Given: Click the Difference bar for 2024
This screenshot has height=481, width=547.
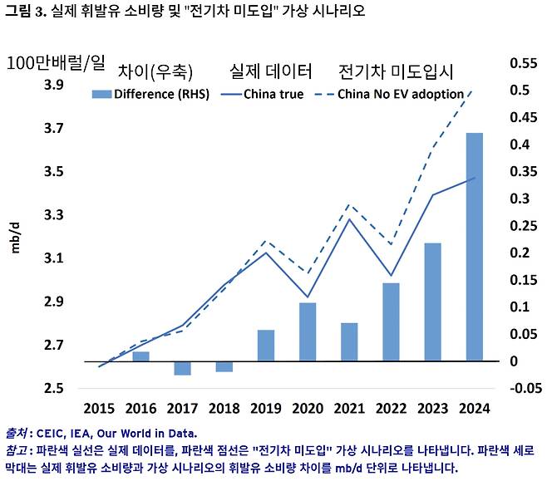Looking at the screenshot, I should tap(474, 247).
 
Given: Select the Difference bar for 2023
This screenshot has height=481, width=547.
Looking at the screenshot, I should tap(432, 302).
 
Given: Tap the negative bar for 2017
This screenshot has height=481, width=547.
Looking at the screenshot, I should tap(182, 368).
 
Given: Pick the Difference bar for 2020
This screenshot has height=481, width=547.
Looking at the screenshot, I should tap(307, 331).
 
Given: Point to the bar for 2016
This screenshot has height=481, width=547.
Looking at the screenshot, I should tap(141, 356).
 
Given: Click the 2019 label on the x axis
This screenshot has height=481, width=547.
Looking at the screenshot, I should tap(265, 409).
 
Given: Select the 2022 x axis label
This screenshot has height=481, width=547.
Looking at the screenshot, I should tap(391, 409).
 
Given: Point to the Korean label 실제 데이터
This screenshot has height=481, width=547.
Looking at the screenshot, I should tap(270, 71).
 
